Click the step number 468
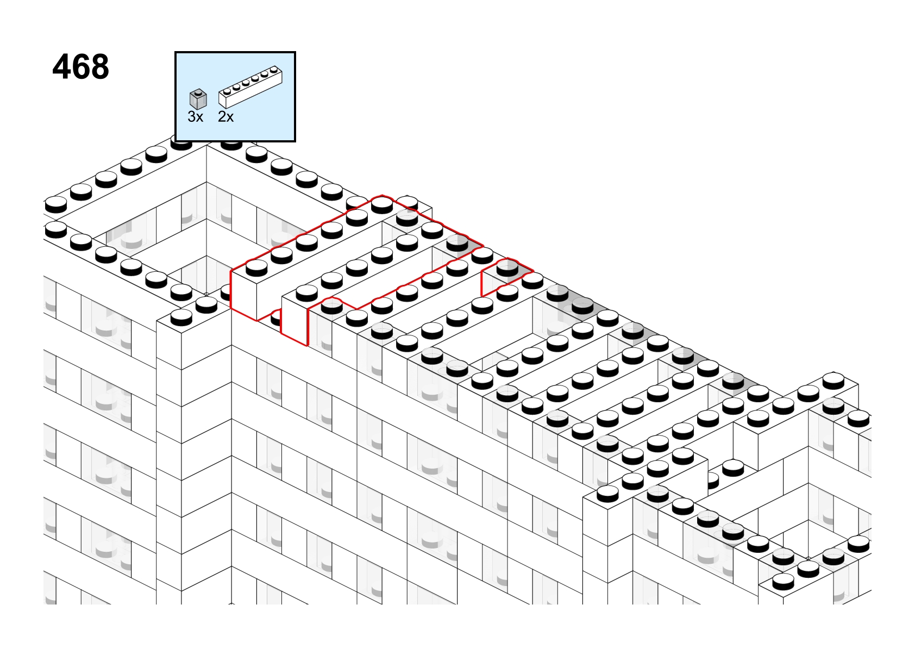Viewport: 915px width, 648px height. tap(81, 66)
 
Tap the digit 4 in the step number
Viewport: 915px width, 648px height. tap(62, 66)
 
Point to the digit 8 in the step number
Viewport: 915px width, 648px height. tap(99, 66)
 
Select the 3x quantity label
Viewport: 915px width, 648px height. tap(195, 117)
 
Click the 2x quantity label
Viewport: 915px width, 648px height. tap(225, 117)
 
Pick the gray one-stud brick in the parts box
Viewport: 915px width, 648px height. tap(198, 99)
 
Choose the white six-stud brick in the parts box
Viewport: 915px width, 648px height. tap(250, 87)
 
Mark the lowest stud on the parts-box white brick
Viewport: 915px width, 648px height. tap(227, 91)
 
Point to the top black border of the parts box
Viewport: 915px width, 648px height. tap(235, 52)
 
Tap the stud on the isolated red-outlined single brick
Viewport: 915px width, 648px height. tap(507, 269)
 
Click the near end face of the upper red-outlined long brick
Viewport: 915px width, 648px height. tap(244, 295)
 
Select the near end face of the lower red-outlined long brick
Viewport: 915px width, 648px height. tap(294, 321)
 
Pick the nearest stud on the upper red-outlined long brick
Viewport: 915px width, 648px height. tap(256, 267)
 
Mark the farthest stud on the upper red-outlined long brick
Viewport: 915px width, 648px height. tap(382, 205)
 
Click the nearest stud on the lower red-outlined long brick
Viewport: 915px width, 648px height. tap(331, 306)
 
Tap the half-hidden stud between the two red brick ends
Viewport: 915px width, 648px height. tap(276, 317)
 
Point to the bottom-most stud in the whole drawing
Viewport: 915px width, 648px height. tap(783, 581)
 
